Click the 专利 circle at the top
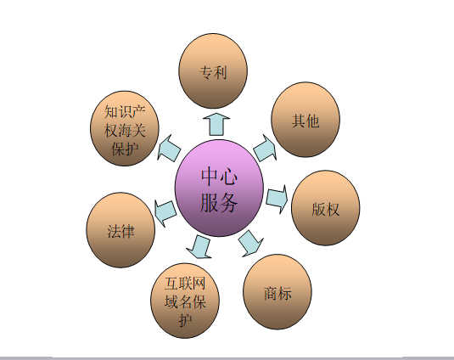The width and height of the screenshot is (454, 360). [x=213, y=71]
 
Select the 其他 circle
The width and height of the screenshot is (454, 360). [x=305, y=120]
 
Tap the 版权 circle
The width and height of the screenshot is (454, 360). [x=326, y=208]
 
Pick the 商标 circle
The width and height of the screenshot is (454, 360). [x=277, y=292]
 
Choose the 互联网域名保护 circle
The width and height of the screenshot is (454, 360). [x=185, y=301]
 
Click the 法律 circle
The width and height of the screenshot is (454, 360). [x=121, y=230]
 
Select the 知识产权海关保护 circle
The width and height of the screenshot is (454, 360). [x=125, y=128]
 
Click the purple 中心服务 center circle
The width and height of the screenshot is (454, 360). [x=219, y=188]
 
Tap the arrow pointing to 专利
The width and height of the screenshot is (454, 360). [x=216, y=125]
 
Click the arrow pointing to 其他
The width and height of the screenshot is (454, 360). [x=265, y=148]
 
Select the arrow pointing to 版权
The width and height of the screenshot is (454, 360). [x=277, y=200]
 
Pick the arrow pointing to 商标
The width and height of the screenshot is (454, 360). [x=250, y=244]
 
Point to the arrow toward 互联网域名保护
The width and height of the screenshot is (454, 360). [x=199, y=246]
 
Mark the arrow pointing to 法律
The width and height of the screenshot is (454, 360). [x=165, y=213]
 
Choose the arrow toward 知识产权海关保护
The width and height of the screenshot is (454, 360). [x=169, y=148]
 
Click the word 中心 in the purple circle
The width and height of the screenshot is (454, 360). [x=220, y=177]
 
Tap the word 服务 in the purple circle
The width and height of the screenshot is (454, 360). [x=219, y=202]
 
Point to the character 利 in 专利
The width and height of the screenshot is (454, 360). [x=220, y=72]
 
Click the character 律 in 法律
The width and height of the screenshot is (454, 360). [x=127, y=232]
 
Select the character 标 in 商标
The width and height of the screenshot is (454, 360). [x=284, y=293]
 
